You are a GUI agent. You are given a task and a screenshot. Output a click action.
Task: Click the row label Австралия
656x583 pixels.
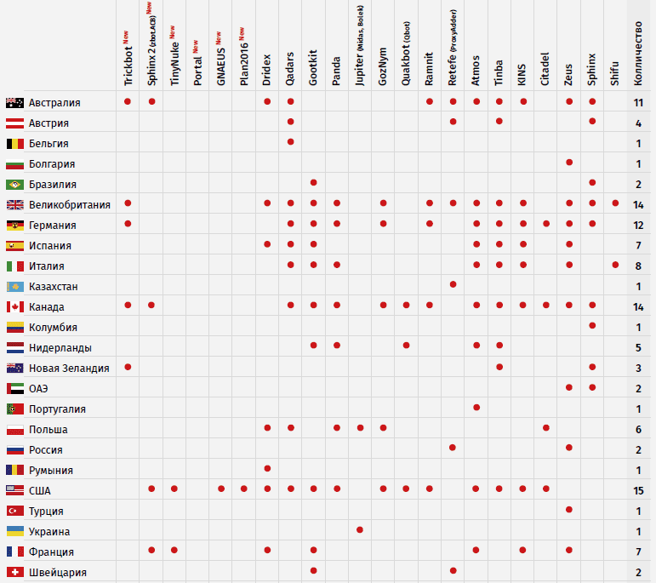54,103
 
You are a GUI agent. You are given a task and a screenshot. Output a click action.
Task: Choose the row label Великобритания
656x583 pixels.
70,205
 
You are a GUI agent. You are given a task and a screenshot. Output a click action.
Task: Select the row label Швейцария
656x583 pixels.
57,573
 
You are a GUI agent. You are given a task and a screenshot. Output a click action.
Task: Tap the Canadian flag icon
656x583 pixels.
14,307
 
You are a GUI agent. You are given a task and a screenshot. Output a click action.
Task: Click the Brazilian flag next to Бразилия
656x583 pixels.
14,185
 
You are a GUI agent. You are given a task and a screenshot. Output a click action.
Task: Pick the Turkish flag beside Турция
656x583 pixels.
14,512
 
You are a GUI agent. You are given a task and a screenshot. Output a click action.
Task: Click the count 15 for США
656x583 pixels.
638,491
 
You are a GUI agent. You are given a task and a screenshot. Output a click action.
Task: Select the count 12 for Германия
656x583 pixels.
638,226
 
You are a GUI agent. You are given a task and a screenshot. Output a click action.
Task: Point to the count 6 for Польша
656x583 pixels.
638,430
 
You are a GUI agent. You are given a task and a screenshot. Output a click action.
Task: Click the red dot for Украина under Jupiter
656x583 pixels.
360,530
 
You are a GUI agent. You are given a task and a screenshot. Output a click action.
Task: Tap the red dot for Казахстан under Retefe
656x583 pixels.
453,284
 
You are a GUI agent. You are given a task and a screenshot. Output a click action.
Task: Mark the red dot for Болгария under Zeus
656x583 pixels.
569,162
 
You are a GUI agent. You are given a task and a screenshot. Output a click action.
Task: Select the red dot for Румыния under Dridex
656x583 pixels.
267,468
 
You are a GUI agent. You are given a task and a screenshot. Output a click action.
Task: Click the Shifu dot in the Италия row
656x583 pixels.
615,265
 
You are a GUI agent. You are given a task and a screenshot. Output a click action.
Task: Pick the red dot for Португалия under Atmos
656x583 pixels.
476,408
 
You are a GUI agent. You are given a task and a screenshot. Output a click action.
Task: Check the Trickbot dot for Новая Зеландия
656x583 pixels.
128,367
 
